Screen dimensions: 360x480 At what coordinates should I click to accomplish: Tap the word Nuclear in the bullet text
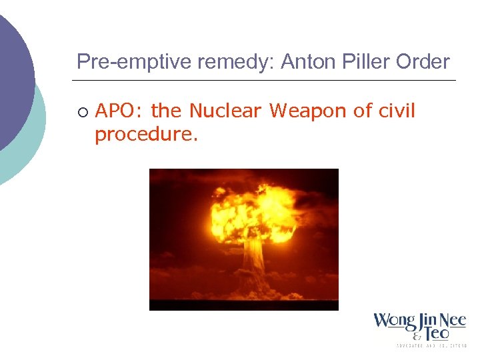(x=225, y=111)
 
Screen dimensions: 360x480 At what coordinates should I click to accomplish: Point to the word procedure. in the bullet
(x=147, y=134)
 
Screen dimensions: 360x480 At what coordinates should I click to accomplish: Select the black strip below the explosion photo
(x=243, y=305)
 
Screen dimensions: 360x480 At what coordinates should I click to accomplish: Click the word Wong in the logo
(x=394, y=321)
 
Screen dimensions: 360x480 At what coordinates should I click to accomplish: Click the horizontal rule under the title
(x=264, y=81)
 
